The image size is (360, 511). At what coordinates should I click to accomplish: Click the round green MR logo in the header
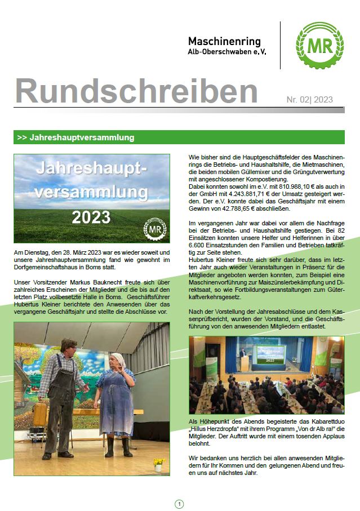[x=319, y=46]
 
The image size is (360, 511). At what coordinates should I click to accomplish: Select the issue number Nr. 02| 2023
[x=309, y=100]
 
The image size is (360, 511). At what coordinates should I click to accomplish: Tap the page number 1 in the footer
[x=180, y=504]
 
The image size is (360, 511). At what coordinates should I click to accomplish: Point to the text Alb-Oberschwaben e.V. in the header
[x=227, y=52]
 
